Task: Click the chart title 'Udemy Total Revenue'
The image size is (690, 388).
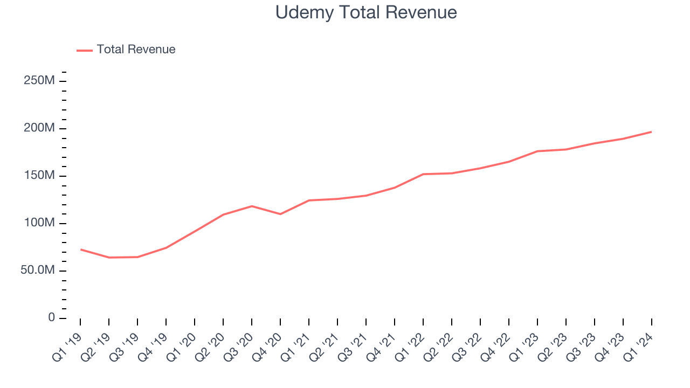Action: tap(366, 12)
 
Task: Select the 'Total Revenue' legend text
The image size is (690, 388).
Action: tap(136, 50)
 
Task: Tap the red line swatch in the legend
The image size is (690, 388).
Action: tap(85, 50)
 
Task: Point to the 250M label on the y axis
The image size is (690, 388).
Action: tap(39, 81)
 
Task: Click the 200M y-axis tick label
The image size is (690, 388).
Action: tap(39, 128)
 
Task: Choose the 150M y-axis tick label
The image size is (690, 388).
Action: tap(39, 176)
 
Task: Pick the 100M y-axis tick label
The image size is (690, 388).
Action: tap(39, 223)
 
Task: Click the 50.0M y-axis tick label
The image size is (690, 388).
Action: tap(37, 271)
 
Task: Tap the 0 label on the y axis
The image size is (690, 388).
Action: tap(51, 318)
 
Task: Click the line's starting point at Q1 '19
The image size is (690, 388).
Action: tap(80, 250)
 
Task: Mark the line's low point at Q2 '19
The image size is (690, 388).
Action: tap(109, 258)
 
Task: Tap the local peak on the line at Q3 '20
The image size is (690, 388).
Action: tap(252, 206)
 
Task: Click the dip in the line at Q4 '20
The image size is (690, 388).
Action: tap(280, 214)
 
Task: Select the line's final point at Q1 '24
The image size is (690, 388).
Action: tap(651, 131)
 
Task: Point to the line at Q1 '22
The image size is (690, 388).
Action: tap(423, 174)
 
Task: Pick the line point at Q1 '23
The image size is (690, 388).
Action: tap(537, 151)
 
